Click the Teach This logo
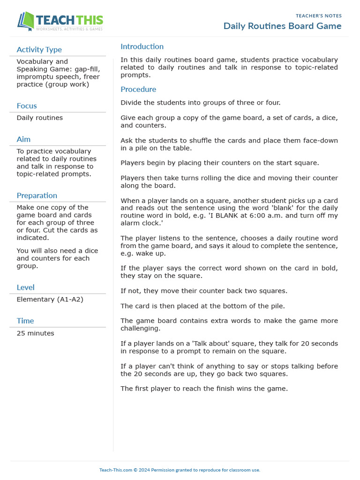click(x=60, y=22)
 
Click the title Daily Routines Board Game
click(x=282, y=26)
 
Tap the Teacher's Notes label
click(x=319, y=16)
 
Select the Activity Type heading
click(x=39, y=50)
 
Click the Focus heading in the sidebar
click(x=27, y=106)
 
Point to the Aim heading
click(x=23, y=139)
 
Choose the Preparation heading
click(x=37, y=195)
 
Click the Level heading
click(x=25, y=287)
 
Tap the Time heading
click(x=25, y=321)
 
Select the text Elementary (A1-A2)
click(x=50, y=300)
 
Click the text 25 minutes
click(x=35, y=333)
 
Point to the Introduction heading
click(x=142, y=46)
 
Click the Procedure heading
click(x=138, y=89)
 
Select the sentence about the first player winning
click(x=204, y=389)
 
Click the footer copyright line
click(x=180, y=470)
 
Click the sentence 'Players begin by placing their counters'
click(x=219, y=163)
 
